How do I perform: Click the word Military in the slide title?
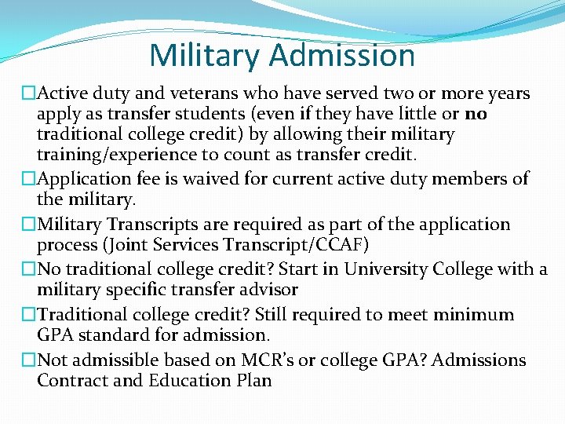pyautogui.click(x=206, y=55)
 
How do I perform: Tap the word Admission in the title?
pyautogui.click(x=342, y=55)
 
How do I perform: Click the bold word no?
pyautogui.click(x=476, y=114)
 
